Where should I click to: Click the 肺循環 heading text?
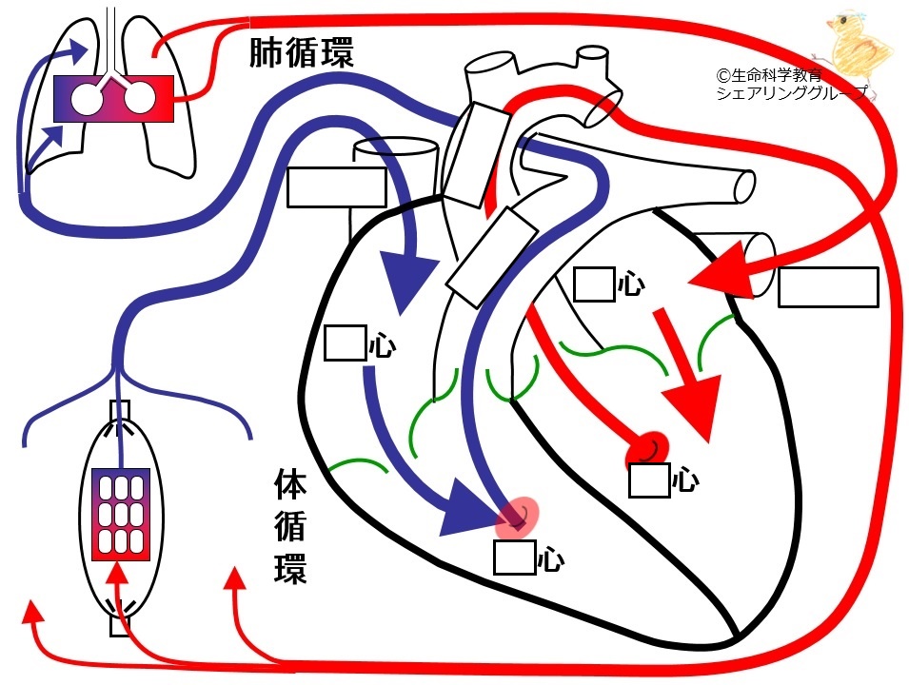(302, 53)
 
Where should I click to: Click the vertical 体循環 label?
(290, 526)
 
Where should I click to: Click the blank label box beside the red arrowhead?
(828, 287)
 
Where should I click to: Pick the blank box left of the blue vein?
(337, 187)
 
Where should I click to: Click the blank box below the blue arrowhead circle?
(514, 558)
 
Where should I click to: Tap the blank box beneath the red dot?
(650, 479)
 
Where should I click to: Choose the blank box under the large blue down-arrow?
(345, 343)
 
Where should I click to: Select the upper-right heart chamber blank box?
(594, 284)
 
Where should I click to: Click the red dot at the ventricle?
(647, 448)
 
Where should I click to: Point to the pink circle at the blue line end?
(518, 517)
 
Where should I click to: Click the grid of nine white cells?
(121, 515)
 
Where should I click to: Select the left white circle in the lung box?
(87, 99)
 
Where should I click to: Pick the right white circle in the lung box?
(140, 99)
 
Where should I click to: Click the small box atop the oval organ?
(120, 410)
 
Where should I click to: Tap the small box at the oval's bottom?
(120, 626)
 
